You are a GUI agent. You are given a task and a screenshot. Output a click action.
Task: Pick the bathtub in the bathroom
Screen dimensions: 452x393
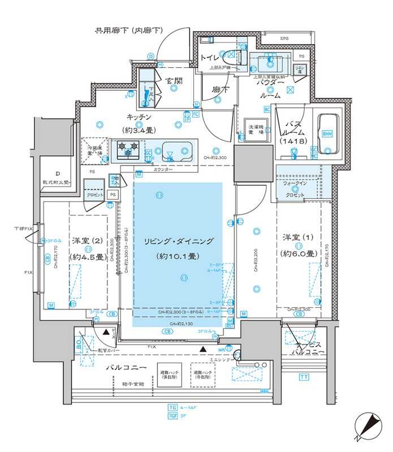[327, 134]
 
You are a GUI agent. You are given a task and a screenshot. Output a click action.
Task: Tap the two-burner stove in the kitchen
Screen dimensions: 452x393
[128, 150]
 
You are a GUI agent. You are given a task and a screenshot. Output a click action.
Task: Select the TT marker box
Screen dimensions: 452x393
[304, 377]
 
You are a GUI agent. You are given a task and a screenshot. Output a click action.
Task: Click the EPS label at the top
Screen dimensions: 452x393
[284, 38]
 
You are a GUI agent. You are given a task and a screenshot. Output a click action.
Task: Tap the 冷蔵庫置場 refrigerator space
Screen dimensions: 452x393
[95, 151]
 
